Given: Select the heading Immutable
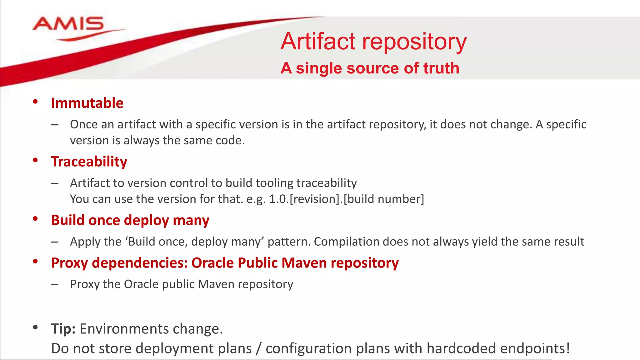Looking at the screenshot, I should click(x=87, y=103).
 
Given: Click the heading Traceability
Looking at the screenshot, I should click(x=89, y=162).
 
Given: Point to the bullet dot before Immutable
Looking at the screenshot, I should click(x=35, y=102).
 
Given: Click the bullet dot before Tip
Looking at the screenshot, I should click(x=35, y=327).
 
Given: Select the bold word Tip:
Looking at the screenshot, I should click(x=63, y=329).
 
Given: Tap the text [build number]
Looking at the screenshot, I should click(x=384, y=199).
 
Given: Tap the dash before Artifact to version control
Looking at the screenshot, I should click(x=55, y=183).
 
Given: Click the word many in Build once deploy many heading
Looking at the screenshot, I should click(x=191, y=220).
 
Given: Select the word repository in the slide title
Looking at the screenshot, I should click(x=414, y=42).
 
